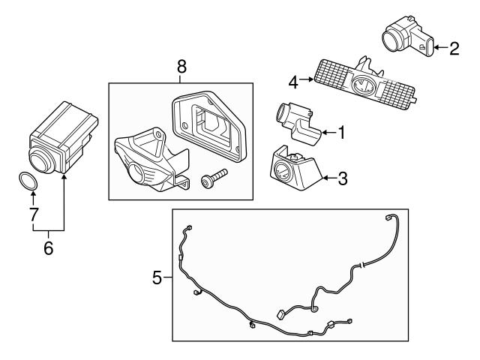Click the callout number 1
click(x=341, y=133)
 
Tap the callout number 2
click(x=454, y=49)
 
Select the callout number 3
click(x=342, y=178)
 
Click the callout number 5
click(x=157, y=277)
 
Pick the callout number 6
click(x=49, y=247)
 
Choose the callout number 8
click(x=181, y=67)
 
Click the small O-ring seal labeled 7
click(x=28, y=181)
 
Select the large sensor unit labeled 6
click(x=61, y=136)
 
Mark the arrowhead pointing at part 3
click(x=325, y=178)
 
